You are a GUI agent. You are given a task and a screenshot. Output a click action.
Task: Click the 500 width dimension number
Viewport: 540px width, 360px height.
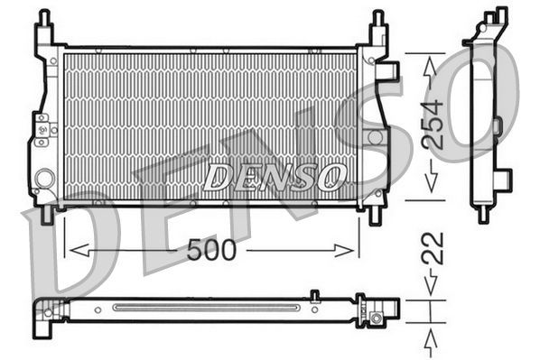[x=212, y=250]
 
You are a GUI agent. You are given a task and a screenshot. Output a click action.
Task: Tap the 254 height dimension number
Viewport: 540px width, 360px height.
[x=433, y=125]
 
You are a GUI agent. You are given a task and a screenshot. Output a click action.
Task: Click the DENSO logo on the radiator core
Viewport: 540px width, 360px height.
[x=273, y=176]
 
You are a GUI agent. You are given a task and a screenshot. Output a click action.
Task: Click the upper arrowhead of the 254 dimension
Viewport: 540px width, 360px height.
[x=433, y=65]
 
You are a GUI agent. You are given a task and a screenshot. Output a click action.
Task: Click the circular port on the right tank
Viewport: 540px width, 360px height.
[x=375, y=138]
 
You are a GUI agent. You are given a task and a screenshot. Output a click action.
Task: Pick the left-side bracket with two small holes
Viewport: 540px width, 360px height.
[x=40, y=130]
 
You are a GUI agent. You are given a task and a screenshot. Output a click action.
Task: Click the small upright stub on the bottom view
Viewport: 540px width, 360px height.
[x=313, y=295]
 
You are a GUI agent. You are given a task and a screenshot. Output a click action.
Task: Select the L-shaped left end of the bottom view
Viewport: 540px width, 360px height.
[x=45, y=311]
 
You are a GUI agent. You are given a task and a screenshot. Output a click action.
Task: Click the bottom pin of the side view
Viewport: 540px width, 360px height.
[x=482, y=214]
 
